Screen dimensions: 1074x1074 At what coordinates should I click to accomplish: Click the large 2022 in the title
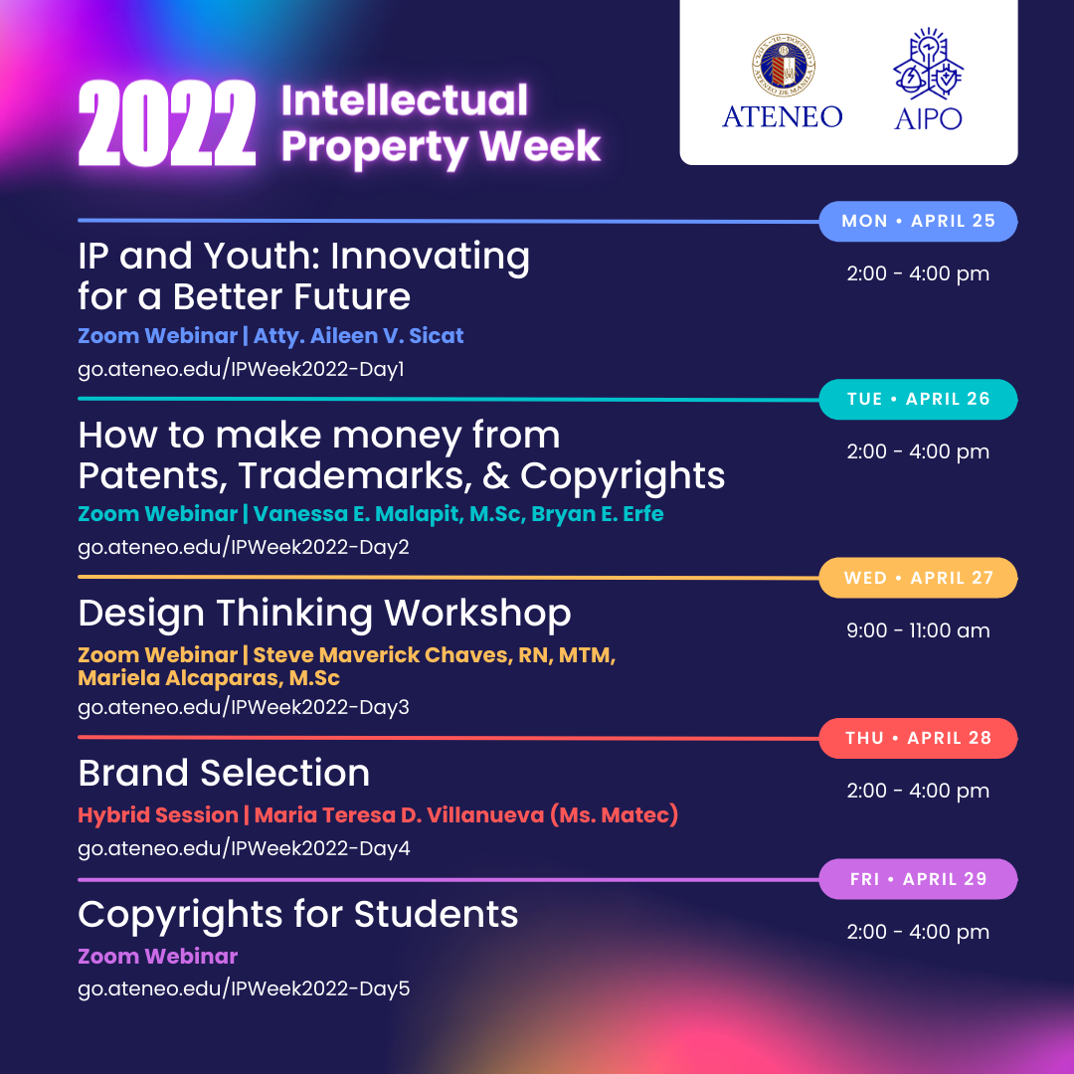pos(166,125)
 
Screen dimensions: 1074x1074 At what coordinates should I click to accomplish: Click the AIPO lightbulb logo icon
pos(928,66)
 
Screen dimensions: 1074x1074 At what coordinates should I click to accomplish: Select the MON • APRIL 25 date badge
pos(918,221)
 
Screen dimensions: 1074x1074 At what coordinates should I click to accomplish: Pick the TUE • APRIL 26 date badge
pos(918,399)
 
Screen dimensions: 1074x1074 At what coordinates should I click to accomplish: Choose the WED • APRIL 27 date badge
pos(918,578)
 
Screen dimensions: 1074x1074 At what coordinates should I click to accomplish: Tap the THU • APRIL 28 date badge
pos(918,738)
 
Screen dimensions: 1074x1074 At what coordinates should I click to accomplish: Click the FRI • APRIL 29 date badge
pos(918,879)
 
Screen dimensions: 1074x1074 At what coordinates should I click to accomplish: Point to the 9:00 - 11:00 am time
pos(918,630)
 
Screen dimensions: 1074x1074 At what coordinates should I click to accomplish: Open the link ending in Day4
pos(244,848)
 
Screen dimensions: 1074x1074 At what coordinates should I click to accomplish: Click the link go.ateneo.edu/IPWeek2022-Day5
pos(244,988)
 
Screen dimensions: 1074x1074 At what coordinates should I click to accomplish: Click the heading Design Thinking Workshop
pos(324,613)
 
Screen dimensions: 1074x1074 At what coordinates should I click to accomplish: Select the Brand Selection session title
pos(224,773)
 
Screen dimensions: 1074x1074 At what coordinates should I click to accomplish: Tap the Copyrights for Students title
pos(298,914)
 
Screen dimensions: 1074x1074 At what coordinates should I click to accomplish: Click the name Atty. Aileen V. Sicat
pos(359,336)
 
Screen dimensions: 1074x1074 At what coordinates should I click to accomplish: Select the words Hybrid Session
pos(158,815)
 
